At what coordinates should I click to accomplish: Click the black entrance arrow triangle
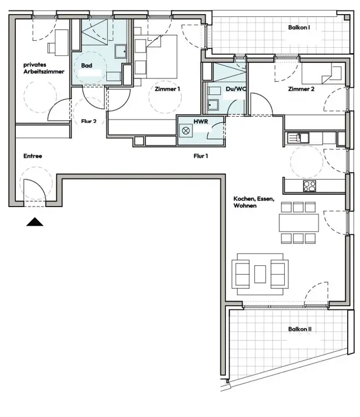coord(34,222)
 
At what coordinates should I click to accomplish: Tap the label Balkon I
coord(299,27)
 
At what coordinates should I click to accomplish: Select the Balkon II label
coord(299,330)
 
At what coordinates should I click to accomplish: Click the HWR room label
coord(201,121)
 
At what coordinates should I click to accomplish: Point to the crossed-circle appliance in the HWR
coord(186,131)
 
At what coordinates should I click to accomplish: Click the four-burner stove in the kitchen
coord(309,186)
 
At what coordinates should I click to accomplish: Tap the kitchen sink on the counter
coord(298,138)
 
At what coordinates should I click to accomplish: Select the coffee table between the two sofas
coord(260,274)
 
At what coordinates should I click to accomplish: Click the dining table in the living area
coord(299,223)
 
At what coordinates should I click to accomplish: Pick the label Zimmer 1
coord(167,89)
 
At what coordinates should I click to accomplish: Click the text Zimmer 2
coord(301,89)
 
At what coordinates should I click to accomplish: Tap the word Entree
coord(33,156)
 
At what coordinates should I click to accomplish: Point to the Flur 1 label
coord(201,156)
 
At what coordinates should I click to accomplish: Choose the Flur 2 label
coord(89,121)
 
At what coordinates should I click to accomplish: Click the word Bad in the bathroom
coord(87,65)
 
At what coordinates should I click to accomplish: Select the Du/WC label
coord(236,89)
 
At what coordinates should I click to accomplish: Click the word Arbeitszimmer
coord(44,72)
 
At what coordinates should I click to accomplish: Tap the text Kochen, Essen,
coord(254,199)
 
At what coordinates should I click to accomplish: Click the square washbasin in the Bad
coord(121,51)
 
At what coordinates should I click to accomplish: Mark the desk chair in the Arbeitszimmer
coord(51,48)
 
